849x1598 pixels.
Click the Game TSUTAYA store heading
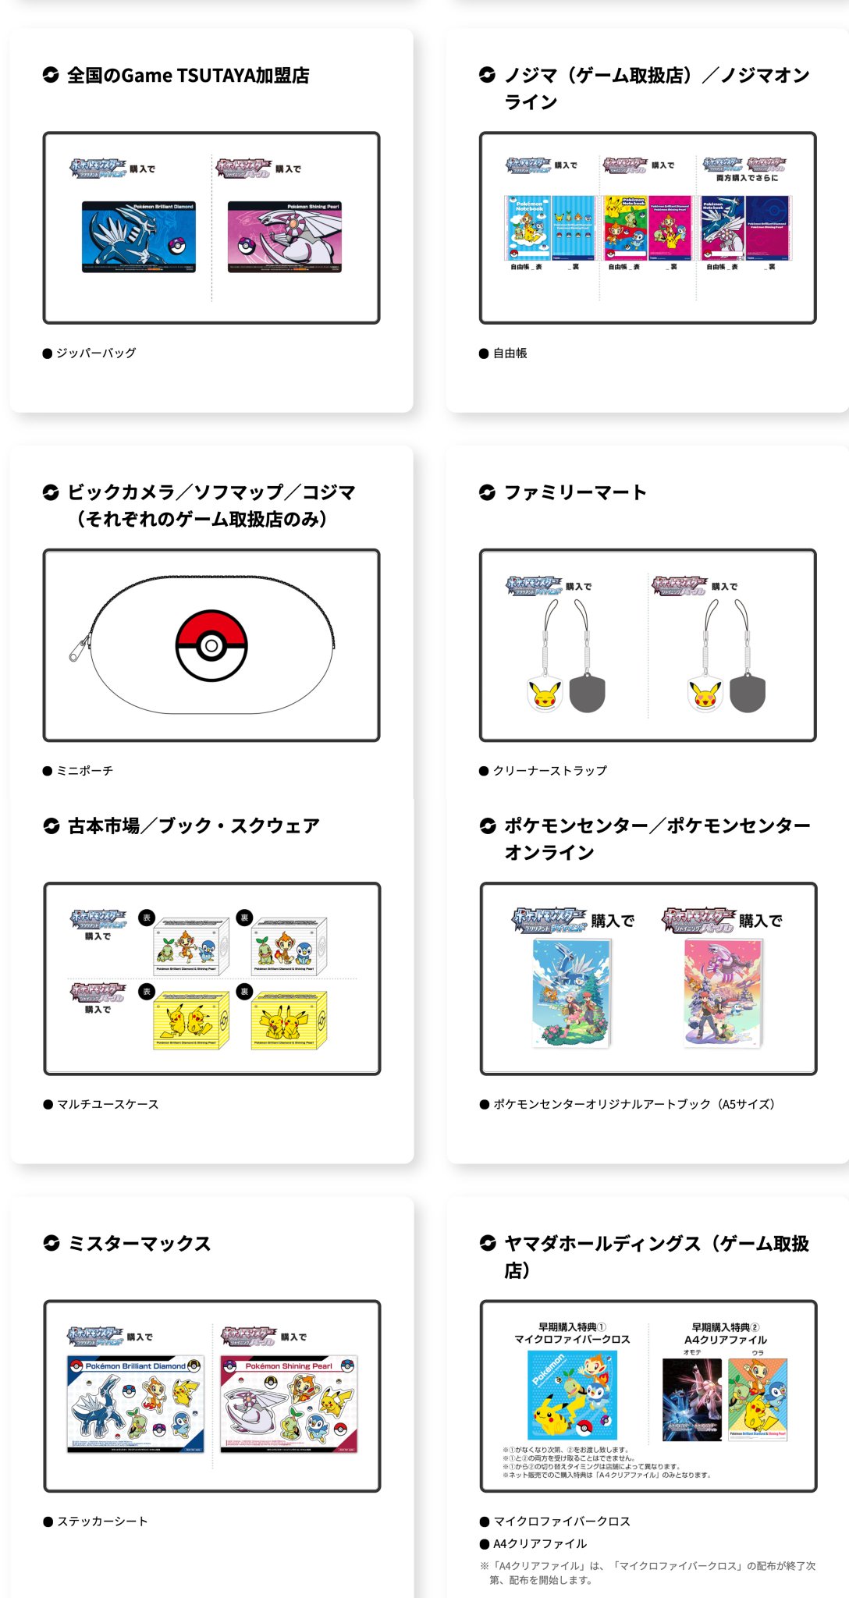[x=187, y=76]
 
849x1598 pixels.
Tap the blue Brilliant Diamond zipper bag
[x=138, y=237]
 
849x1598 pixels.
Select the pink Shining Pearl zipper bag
[x=284, y=237]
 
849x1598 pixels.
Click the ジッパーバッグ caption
[x=95, y=353]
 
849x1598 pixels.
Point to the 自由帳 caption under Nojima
[x=510, y=353]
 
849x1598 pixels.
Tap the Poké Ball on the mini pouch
[x=211, y=646]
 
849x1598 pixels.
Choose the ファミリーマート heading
[x=575, y=492]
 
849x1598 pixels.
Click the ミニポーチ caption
[x=84, y=771]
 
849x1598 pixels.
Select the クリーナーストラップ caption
[x=549, y=771]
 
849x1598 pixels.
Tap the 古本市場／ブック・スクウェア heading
[x=194, y=826]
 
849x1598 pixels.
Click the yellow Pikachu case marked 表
[x=191, y=1020]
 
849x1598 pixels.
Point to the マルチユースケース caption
[x=108, y=1104]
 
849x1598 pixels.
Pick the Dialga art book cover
[x=571, y=993]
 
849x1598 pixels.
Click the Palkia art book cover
[x=722, y=993]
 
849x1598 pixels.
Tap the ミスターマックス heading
[x=139, y=1244]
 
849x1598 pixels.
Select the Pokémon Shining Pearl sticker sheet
[x=289, y=1404]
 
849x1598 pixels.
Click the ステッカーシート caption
[x=101, y=1522]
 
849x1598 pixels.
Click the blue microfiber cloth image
[x=572, y=1395]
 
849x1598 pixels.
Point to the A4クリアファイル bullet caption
[x=539, y=1544]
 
